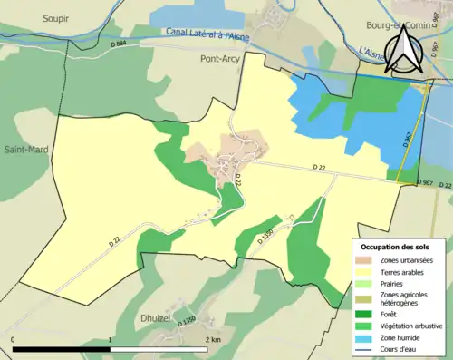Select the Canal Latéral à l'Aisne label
[x=207, y=34]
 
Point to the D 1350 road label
[x=188, y=321]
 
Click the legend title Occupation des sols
[x=396, y=247]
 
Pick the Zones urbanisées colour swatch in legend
[x=367, y=261]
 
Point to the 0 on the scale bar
[x=14, y=339]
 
